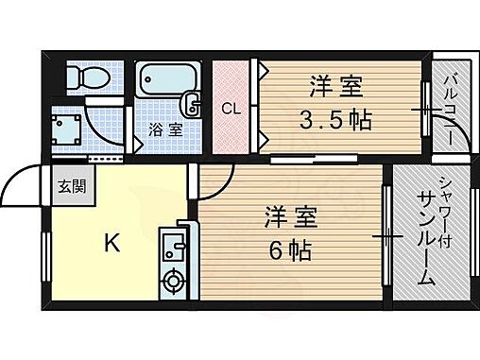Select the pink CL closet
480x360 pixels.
click(230, 109)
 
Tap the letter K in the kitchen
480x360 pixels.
click(111, 244)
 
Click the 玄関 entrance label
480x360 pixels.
click(70, 186)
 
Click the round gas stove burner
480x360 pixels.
click(174, 280)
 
